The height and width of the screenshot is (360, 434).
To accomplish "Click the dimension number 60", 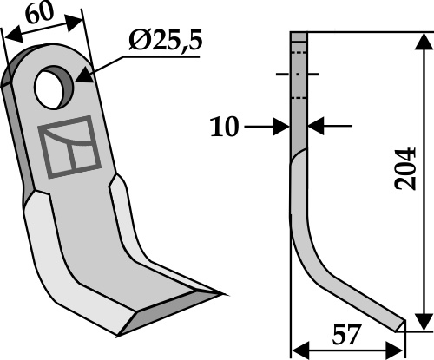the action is (x=40, y=14).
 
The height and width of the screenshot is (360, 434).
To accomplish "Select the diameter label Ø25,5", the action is (x=165, y=42).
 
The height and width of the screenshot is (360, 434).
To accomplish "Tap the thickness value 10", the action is (x=225, y=127).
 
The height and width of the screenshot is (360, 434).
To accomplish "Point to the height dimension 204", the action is (x=405, y=169).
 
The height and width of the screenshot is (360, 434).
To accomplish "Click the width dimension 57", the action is (x=347, y=335).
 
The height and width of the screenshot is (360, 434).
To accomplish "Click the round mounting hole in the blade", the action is (x=54, y=88).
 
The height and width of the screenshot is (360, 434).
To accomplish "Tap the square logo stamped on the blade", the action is (x=69, y=147).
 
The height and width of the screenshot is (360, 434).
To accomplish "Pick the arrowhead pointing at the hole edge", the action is (x=84, y=75).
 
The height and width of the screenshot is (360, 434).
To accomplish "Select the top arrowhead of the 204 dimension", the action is (x=424, y=43).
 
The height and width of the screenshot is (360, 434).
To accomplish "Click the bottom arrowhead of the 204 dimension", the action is (x=424, y=321).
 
